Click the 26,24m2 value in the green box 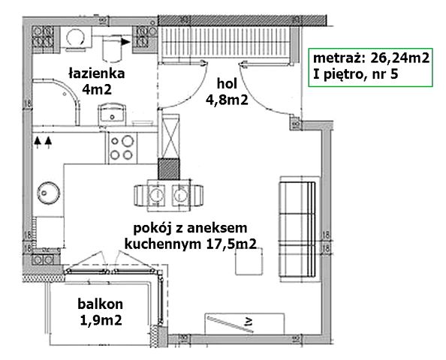pyautogui.click(x=396, y=57)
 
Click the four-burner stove pyautogui.click(x=121, y=145)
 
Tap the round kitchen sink pyautogui.click(x=49, y=192)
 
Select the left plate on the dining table pyautogui.click(x=158, y=194)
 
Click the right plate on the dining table pyautogui.click(x=180, y=194)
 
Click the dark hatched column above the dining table pyautogui.click(x=170, y=169)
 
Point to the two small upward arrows pyautogui.click(x=44, y=139)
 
